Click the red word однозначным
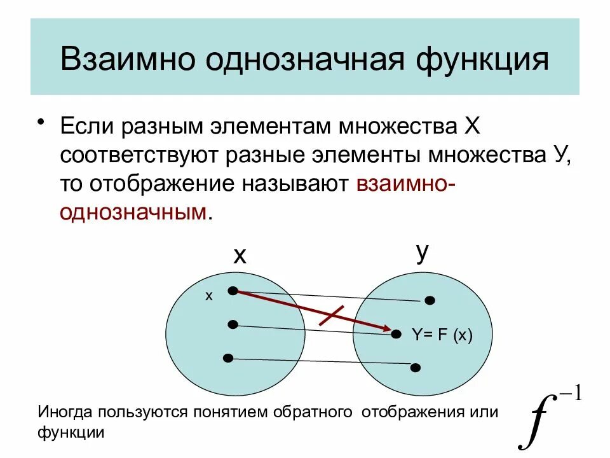click(x=133, y=212)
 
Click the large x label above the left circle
click(x=239, y=256)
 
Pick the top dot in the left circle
click(x=233, y=291)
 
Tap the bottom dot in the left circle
click(x=228, y=358)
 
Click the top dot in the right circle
click(x=430, y=300)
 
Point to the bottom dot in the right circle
click(x=416, y=367)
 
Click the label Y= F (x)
click(x=442, y=335)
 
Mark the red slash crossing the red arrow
click(x=331, y=316)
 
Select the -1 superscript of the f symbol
click(x=569, y=396)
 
